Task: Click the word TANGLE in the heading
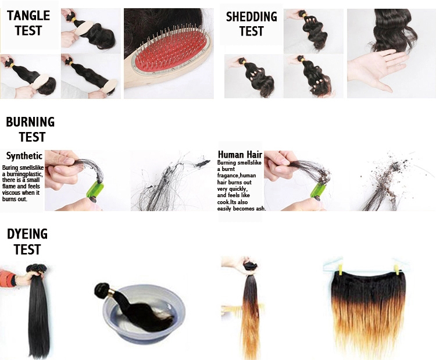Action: point(28,16)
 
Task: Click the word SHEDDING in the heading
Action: point(251,17)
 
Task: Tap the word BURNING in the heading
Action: point(30,122)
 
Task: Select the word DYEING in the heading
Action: point(27,234)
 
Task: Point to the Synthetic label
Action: point(24,156)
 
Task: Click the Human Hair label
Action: point(240,154)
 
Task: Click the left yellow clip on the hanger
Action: point(341,269)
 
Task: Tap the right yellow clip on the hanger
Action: point(396,269)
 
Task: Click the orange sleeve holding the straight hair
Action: point(8,278)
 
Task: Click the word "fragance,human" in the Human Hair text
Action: point(237,176)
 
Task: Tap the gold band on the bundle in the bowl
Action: point(111,292)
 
